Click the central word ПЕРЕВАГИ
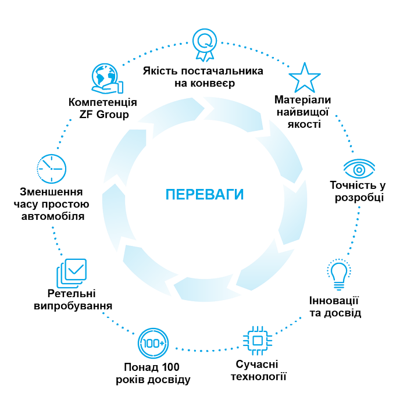(x=205, y=194)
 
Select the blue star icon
(x=305, y=78)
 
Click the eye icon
(x=359, y=169)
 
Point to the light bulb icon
(x=339, y=274)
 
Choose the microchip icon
(x=258, y=341)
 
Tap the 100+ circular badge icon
(x=153, y=344)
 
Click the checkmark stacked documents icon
(x=72, y=273)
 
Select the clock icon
(x=51, y=169)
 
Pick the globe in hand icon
(x=107, y=78)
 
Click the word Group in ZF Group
(x=112, y=115)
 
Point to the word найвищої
(x=303, y=112)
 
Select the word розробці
(x=359, y=198)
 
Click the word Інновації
(x=334, y=301)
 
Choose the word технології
(x=259, y=377)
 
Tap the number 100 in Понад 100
(x=170, y=367)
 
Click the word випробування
(x=73, y=306)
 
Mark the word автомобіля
(x=53, y=216)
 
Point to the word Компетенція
(x=102, y=102)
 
